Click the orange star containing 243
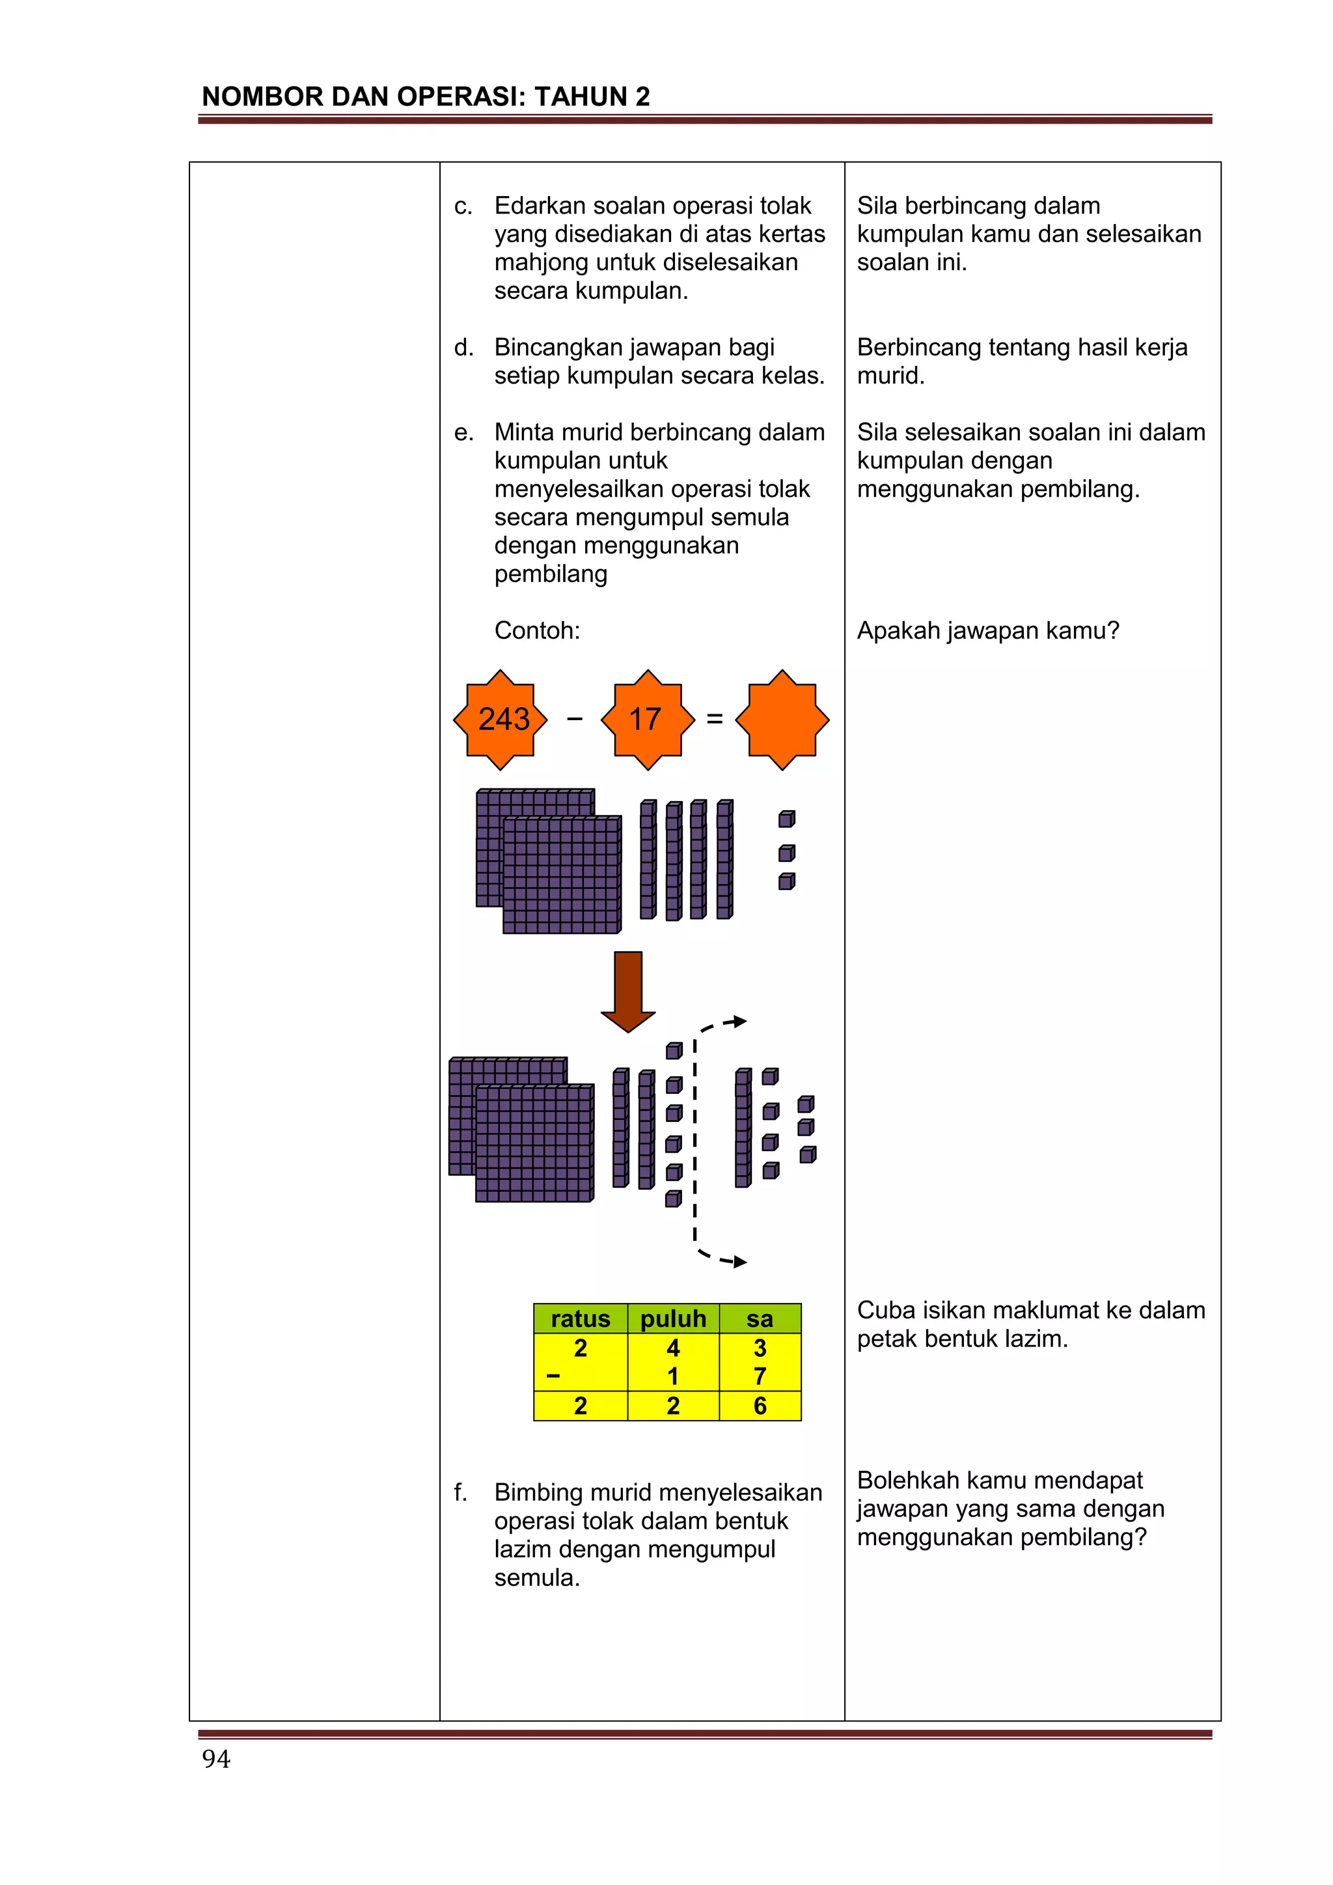(x=501, y=720)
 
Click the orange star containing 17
(x=648, y=720)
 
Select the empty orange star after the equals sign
(x=782, y=720)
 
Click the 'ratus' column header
(x=581, y=1319)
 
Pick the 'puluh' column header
(x=673, y=1319)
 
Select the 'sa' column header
(x=760, y=1319)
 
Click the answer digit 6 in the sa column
(x=760, y=1406)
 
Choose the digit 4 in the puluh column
(x=673, y=1348)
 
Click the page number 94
(x=217, y=1759)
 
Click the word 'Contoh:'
(x=537, y=630)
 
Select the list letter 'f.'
(x=461, y=1492)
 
